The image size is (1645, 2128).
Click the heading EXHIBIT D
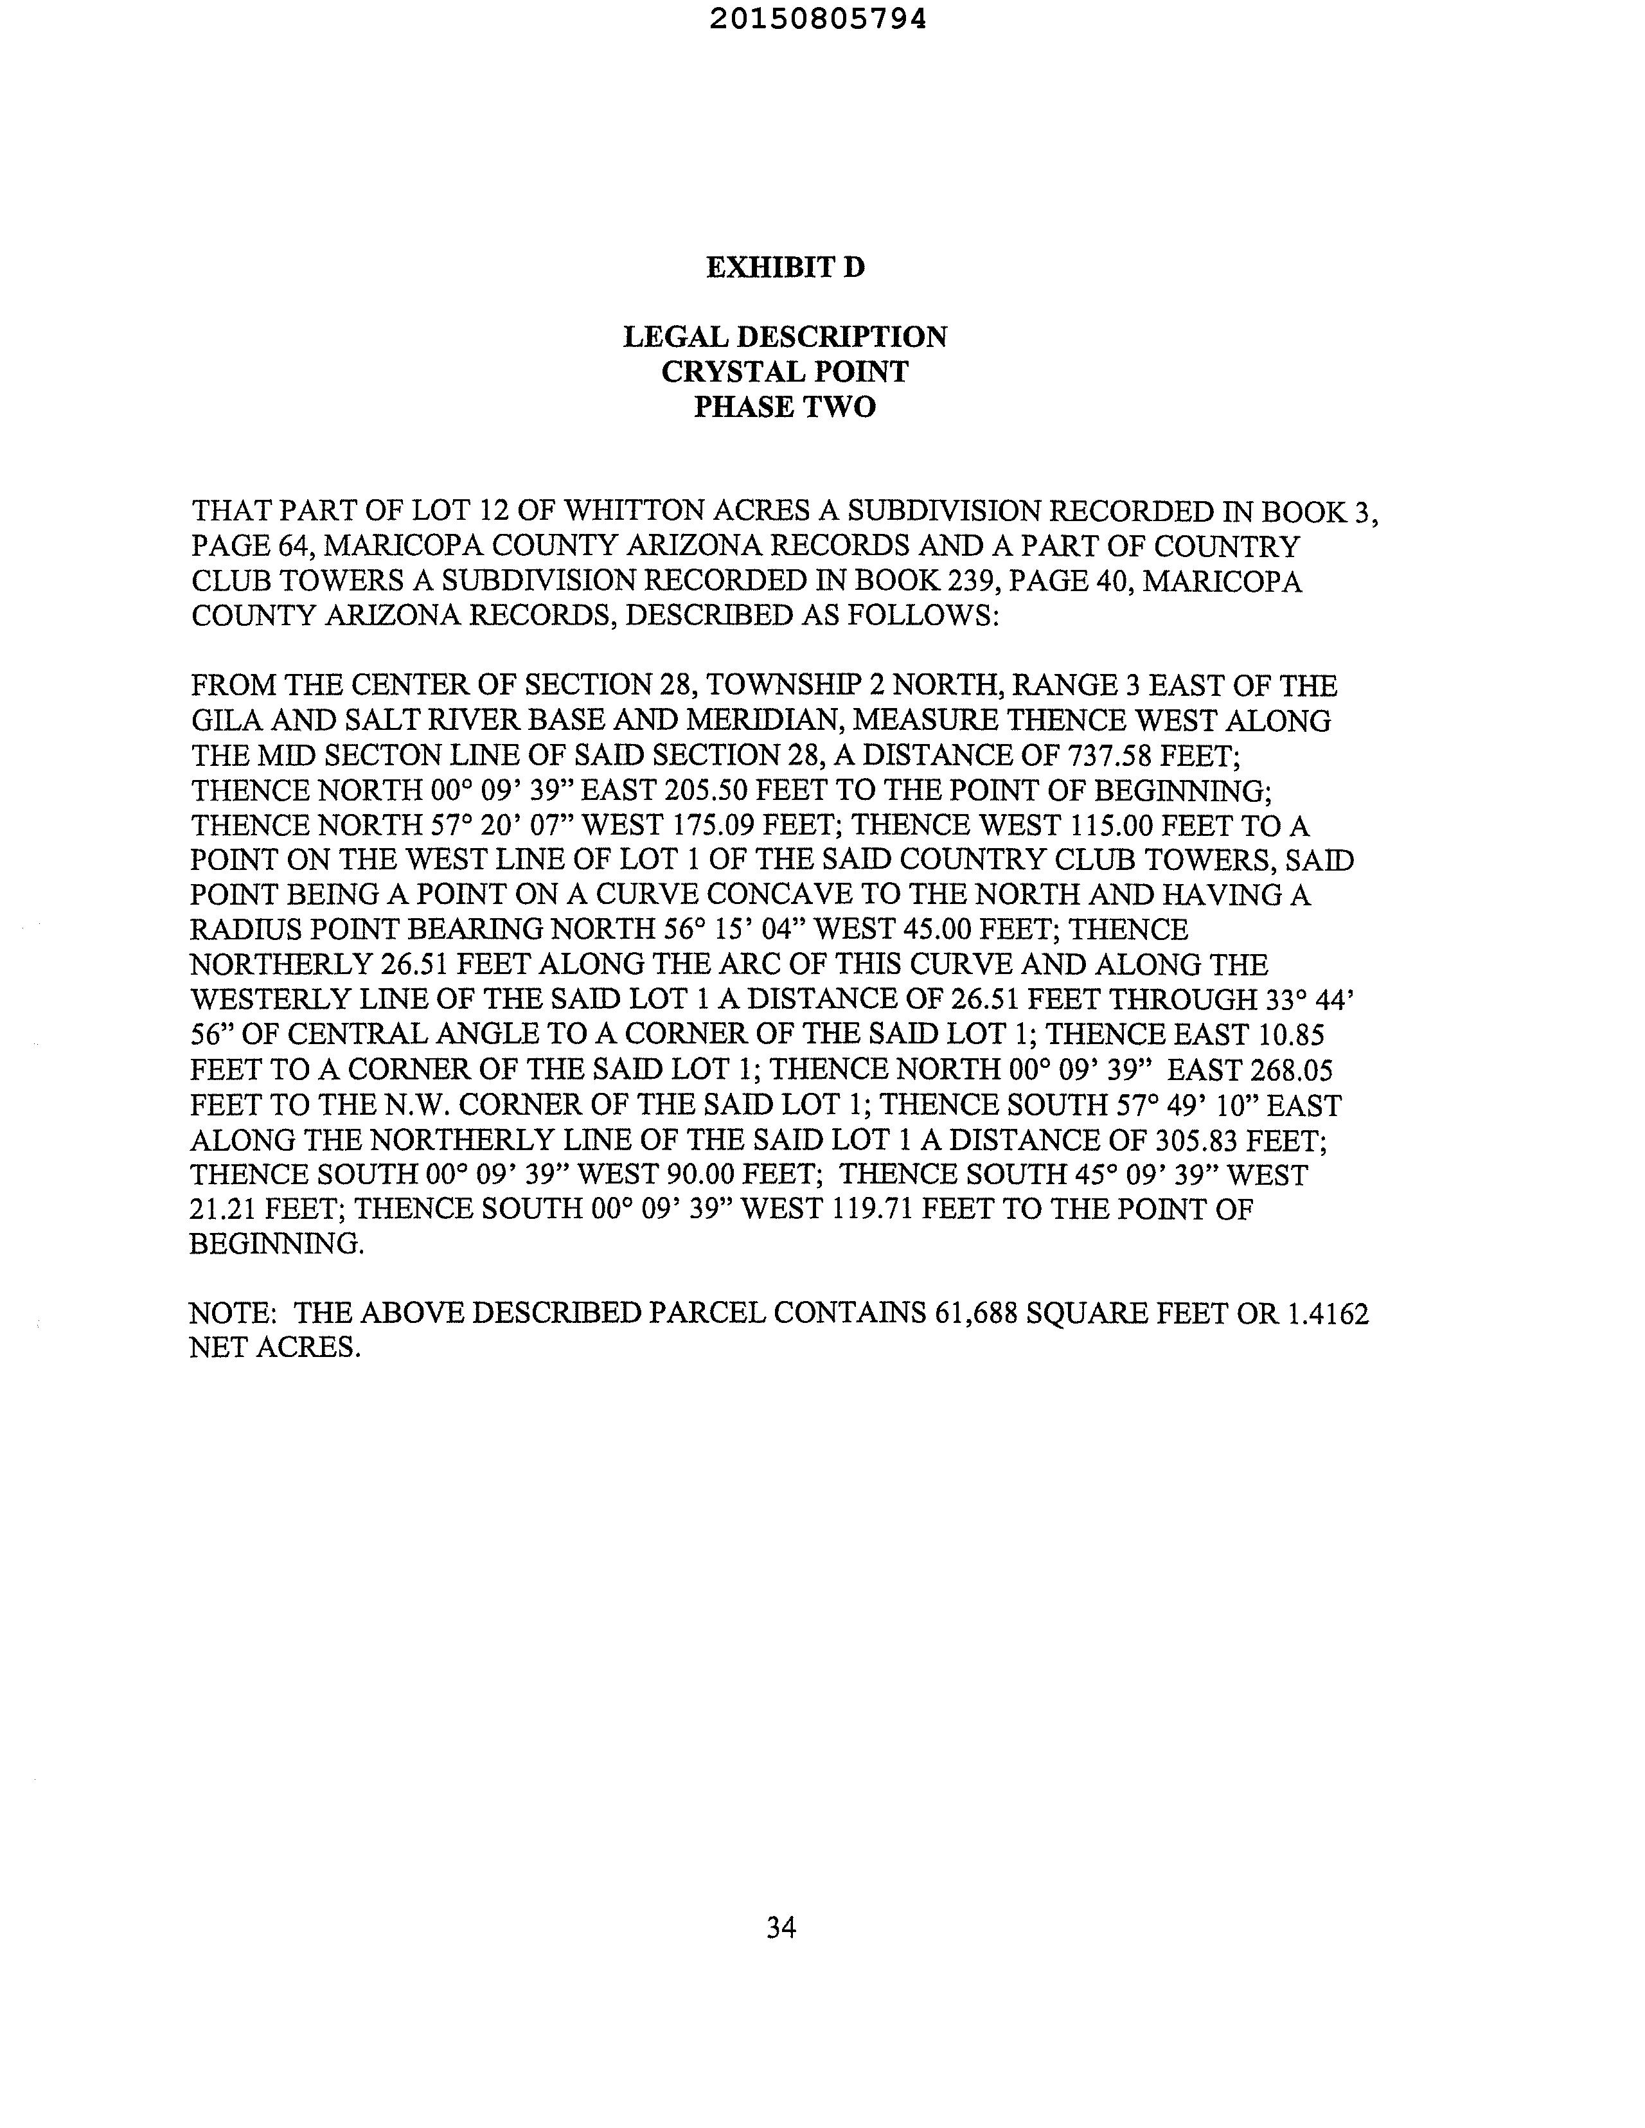[785, 267]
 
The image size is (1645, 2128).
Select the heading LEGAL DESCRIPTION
[785, 337]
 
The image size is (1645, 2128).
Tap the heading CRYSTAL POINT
[785, 372]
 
